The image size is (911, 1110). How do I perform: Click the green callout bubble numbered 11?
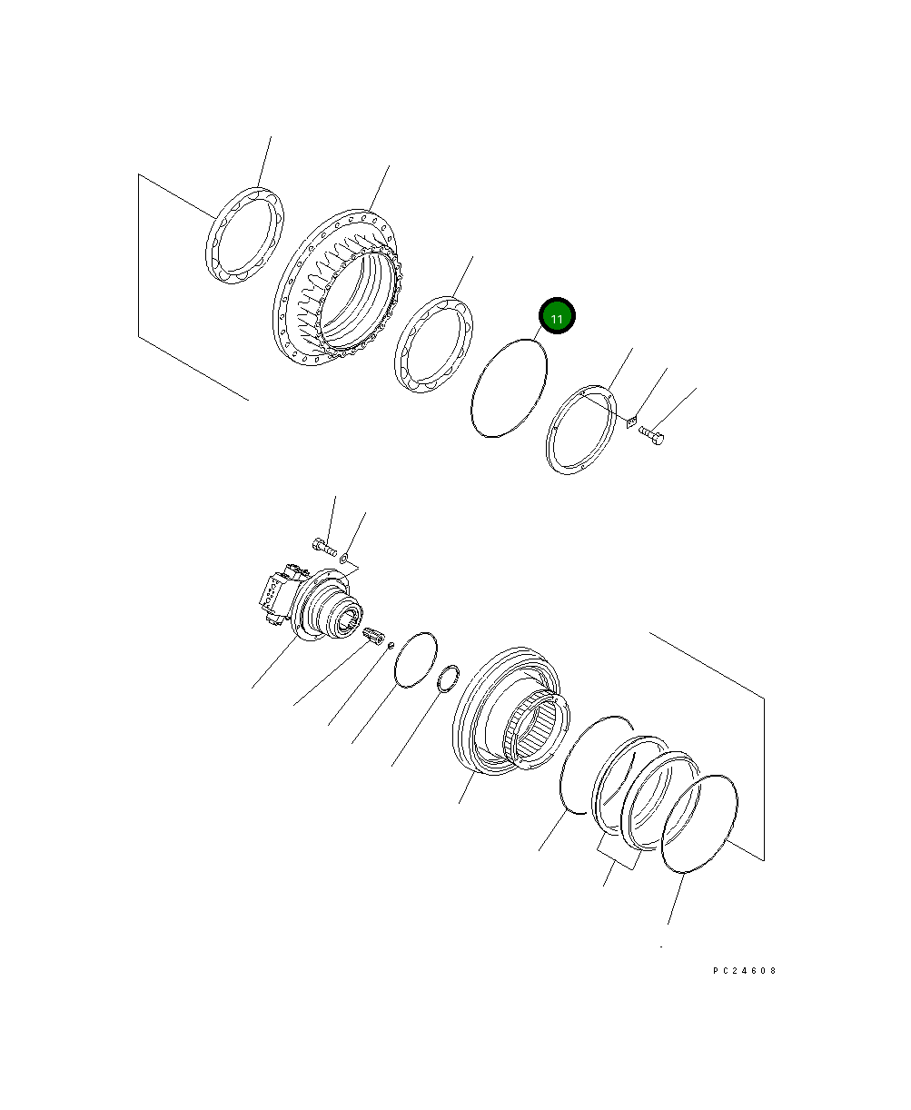click(557, 317)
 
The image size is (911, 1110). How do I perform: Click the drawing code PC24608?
click(744, 971)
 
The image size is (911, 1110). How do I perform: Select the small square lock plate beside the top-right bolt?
click(632, 420)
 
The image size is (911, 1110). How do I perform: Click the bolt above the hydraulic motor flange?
click(324, 547)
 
